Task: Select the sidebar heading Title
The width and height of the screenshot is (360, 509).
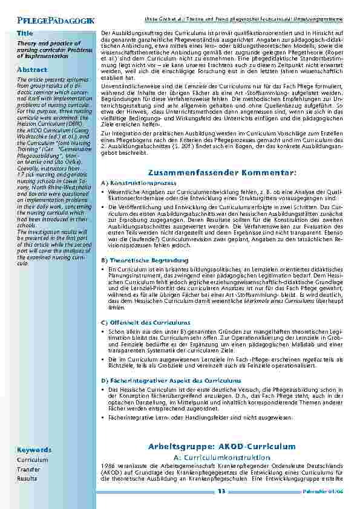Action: click(25, 33)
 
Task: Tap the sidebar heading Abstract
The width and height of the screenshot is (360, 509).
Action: click(32, 70)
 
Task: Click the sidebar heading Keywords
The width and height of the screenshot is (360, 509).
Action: click(34, 450)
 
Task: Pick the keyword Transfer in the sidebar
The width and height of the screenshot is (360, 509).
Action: click(28, 469)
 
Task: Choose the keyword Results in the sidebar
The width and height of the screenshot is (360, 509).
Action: click(27, 478)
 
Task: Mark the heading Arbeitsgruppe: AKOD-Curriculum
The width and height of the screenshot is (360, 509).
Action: click(221, 446)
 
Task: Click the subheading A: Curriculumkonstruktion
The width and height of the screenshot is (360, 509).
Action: click(221, 456)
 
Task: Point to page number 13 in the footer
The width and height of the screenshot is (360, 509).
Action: click(221, 492)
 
